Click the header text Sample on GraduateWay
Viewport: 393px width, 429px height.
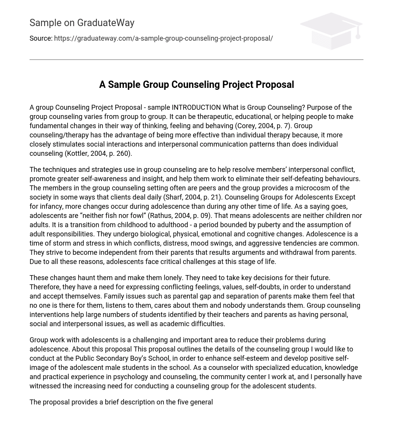click(82, 23)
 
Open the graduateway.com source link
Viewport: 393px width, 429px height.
click(163, 38)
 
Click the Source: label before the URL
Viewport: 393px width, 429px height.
click(41, 38)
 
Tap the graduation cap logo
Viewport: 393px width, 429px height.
click(331, 31)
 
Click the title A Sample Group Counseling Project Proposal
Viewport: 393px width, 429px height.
click(196, 84)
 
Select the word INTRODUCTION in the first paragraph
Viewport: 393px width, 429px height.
click(196, 107)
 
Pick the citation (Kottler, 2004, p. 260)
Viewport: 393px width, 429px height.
click(98, 153)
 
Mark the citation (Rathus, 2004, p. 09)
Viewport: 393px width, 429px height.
click(180, 216)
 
